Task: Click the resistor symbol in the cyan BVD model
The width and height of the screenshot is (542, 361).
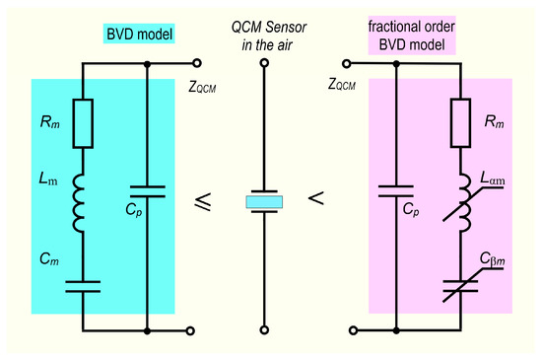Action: click(x=83, y=122)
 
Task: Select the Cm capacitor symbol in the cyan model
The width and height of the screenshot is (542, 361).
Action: click(x=84, y=287)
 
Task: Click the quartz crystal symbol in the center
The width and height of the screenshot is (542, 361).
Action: click(x=264, y=202)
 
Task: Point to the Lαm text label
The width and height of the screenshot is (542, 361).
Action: click(x=492, y=176)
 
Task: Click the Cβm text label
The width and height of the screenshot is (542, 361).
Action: click(x=493, y=260)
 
